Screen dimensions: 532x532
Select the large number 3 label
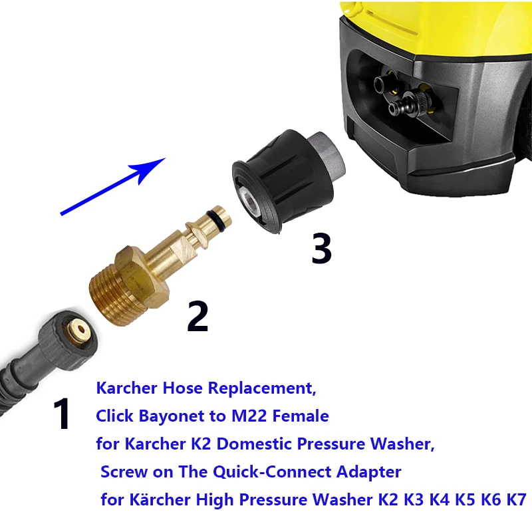(321, 249)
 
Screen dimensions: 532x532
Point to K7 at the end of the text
(513, 499)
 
